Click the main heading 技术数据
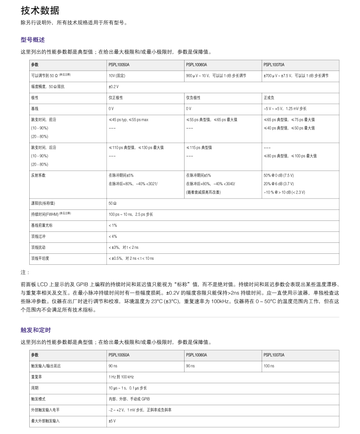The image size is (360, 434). (x=40, y=11)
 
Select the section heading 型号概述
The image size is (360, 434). (x=32, y=40)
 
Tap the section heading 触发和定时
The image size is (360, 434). (x=36, y=330)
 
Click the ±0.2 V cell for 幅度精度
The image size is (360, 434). (x=114, y=86)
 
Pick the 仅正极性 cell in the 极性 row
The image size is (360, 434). (x=116, y=97)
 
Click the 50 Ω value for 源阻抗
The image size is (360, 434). (x=113, y=203)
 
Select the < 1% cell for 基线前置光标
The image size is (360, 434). (x=112, y=225)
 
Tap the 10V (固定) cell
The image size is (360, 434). (x=119, y=75)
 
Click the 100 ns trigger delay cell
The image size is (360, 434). (x=269, y=366)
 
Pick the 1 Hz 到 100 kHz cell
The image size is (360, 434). (x=121, y=377)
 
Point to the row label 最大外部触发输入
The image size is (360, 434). (x=45, y=421)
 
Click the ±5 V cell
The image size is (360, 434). (x=112, y=421)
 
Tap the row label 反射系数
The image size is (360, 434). (x=38, y=175)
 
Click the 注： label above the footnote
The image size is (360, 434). (x=25, y=273)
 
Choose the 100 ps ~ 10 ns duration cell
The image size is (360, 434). (x=131, y=214)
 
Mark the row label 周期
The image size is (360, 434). (x=35, y=388)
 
